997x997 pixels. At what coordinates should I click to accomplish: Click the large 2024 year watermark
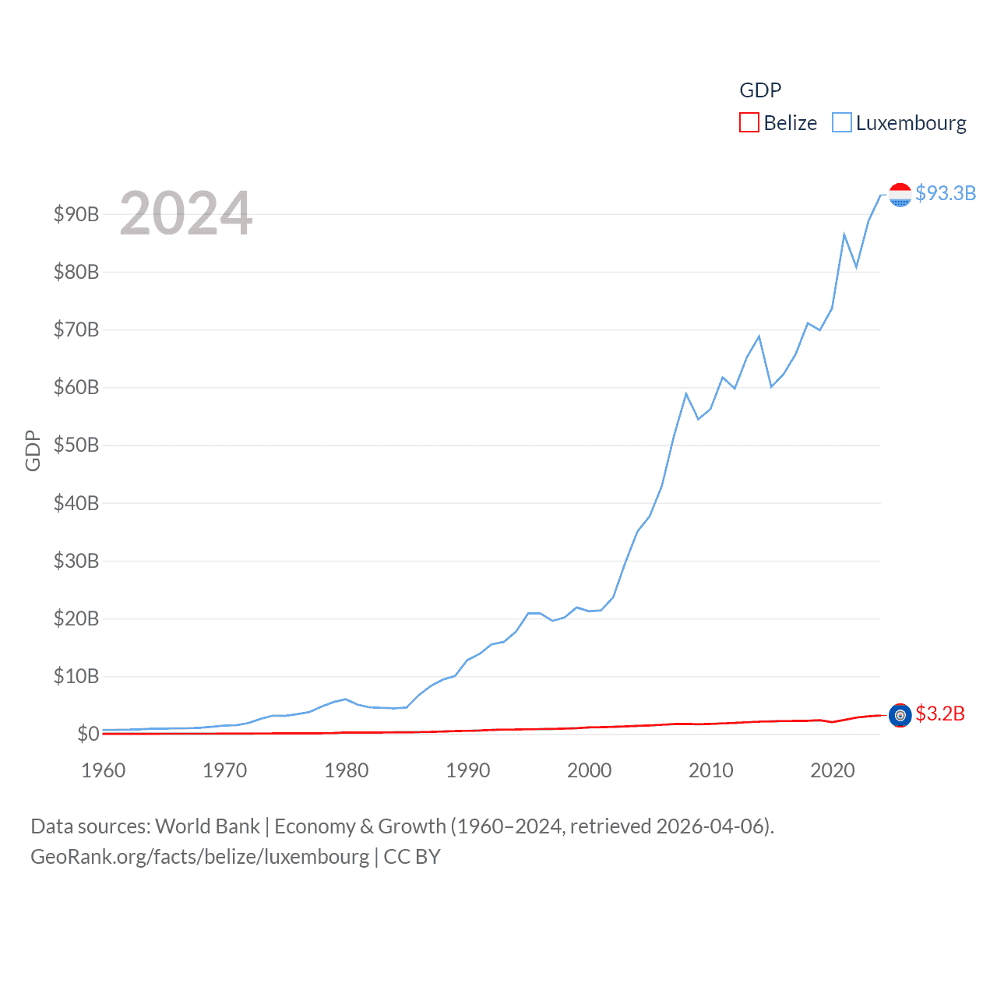tap(186, 213)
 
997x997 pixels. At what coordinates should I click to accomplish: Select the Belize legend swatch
tap(749, 123)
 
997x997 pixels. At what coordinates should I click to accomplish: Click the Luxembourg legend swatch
tap(841, 123)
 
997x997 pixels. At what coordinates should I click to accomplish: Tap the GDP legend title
tap(759, 90)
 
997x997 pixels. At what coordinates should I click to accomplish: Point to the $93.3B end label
tap(945, 193)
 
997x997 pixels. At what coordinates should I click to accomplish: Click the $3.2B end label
tap(939, 713)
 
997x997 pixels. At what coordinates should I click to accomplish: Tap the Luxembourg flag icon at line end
tap(900, 195)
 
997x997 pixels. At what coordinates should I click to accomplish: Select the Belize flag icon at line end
tap(900, 715)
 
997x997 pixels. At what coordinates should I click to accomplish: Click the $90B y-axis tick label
tap(76, 214)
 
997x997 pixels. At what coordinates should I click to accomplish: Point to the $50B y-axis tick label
tap(76, 446)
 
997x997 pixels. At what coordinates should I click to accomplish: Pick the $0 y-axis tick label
tap(88, 734)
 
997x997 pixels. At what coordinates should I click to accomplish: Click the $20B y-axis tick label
tap(76, 618)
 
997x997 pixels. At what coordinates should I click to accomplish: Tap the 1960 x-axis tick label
tap(104, 770)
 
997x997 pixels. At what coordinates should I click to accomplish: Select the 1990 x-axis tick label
tap(468, 770)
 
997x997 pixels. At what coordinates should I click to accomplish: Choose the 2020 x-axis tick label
tap(833, 770)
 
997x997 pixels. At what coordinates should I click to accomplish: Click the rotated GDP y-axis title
tap(33, 450)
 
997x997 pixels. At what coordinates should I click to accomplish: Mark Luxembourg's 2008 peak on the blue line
tap(686, 394)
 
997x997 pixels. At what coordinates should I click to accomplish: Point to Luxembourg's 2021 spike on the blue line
tap(844, 234)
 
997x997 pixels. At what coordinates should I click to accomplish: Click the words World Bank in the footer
tap(207, 826)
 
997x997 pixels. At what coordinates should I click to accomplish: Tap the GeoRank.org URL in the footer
tap(199, 857)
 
